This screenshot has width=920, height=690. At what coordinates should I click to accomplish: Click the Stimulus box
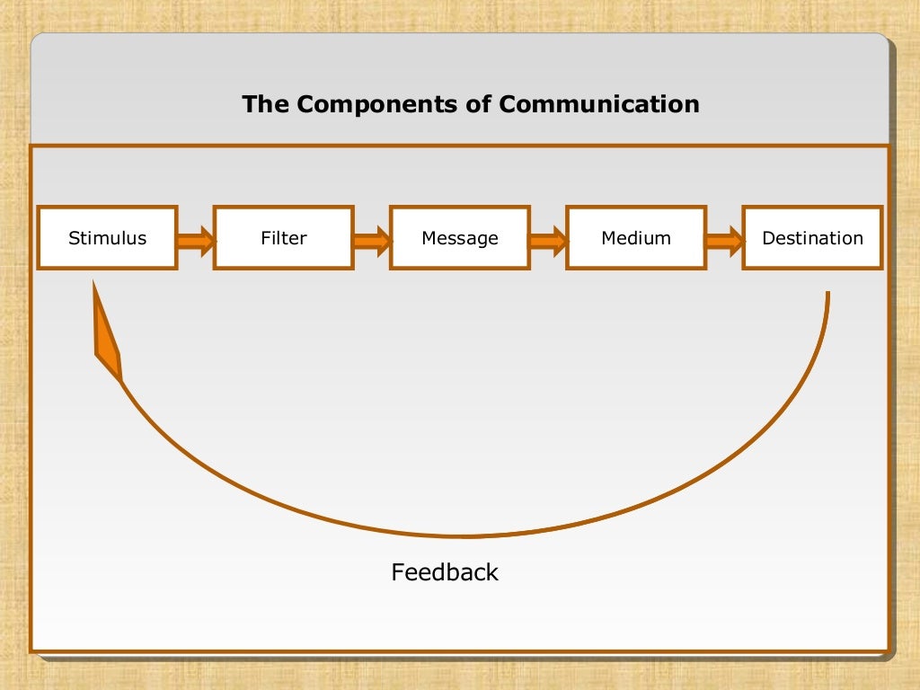click(107, 238)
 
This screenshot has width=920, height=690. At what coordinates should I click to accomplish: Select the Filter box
click(283, 238)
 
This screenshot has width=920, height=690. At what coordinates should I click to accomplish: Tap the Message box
click(459, 238)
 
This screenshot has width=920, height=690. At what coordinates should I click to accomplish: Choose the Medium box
click(635, 238)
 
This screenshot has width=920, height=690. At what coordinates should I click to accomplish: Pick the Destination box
click(812, 238)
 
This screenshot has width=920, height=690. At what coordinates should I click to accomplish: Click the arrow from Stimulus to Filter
click(195, 241)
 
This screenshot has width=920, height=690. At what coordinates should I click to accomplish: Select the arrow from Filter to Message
click(371, 241)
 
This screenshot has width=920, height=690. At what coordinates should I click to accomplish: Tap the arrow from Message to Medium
click(547, 241)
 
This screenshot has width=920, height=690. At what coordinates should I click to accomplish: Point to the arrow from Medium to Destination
click(723, 241)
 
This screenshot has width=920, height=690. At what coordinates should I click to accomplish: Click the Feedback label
click(445, 572)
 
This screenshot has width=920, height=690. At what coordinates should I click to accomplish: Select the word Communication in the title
click(599, 104)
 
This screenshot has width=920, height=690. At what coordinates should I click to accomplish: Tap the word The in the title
click(265, 104)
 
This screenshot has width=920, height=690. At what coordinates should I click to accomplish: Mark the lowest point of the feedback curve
click(467, 536)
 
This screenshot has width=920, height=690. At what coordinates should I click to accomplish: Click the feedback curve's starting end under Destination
click(827, 294)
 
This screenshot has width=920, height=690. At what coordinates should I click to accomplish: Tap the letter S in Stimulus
click(73, 238)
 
